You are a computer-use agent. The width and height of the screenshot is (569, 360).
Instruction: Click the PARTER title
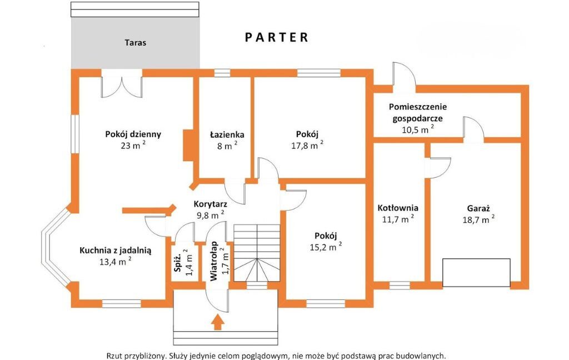point(277,37)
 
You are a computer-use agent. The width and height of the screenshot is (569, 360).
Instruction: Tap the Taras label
point(136,42)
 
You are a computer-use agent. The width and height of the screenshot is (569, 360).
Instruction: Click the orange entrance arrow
point(218,322)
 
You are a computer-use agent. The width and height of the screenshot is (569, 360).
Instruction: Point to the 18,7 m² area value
point(478,219)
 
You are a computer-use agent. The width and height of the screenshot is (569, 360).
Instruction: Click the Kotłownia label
point(398,208)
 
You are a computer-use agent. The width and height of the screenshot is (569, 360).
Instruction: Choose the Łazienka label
point(227,134)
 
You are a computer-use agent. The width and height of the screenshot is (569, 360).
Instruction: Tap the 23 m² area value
point(133,145)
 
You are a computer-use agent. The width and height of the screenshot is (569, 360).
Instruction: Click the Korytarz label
point(211,203)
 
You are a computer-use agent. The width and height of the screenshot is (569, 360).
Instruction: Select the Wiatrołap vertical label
point(214,261)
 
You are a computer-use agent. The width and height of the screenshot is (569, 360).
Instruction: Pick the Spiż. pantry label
point(178,262)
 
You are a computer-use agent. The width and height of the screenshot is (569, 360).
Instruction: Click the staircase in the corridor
point(257,253)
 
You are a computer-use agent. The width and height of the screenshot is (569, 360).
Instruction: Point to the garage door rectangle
point(476,273)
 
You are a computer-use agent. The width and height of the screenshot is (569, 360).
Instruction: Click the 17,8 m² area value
point(307,145)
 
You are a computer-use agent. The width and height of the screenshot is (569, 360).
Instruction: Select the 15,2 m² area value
point(326,247)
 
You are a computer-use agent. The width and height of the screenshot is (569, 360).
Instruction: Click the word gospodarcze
point(418,118)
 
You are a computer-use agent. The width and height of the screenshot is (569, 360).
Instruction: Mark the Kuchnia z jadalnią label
point(116,251)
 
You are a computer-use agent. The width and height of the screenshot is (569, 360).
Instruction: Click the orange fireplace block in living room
point(188,145)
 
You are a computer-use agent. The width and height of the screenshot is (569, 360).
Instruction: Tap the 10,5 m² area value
point(418,129)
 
